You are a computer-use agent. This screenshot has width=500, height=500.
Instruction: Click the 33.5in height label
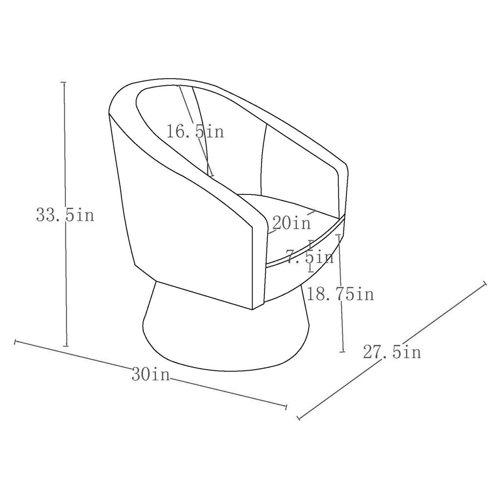pos(65,215)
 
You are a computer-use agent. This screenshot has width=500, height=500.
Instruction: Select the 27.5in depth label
pos(392,352)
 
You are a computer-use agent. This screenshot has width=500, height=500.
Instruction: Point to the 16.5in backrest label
pos(195,131)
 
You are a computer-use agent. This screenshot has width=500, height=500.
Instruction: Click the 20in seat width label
pos(291,223)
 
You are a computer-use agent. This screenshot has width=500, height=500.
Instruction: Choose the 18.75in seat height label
pos(340,293)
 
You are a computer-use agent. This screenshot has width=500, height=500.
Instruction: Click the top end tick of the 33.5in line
pos(63,83)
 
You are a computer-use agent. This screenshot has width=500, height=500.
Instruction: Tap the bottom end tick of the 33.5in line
pos(66,346)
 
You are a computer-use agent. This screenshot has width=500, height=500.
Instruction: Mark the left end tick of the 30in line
pos(15,342)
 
